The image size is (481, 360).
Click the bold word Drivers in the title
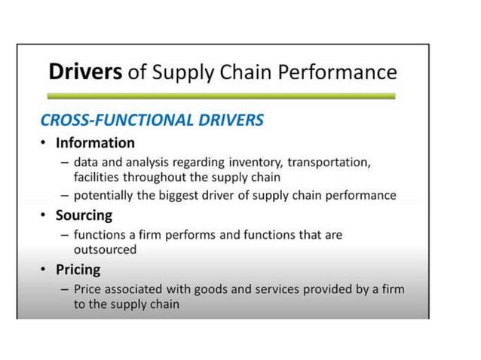pyautogui.click(x=83, y=72)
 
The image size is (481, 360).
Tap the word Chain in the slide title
pyautogui.click(x=257, y=72)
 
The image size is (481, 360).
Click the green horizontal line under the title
pyautogui.click(x=220, y=96)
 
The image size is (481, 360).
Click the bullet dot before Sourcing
pyautogui.click(x=45, y=216)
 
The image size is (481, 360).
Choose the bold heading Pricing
pyautogui.click(x=78, y=270)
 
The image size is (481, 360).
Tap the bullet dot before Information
pyautogui.click(x=45, y=143)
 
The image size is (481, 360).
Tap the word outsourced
pyautogui.click(x=105, y=249)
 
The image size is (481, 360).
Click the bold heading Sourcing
pyautogui.click(x=84, y=216)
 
